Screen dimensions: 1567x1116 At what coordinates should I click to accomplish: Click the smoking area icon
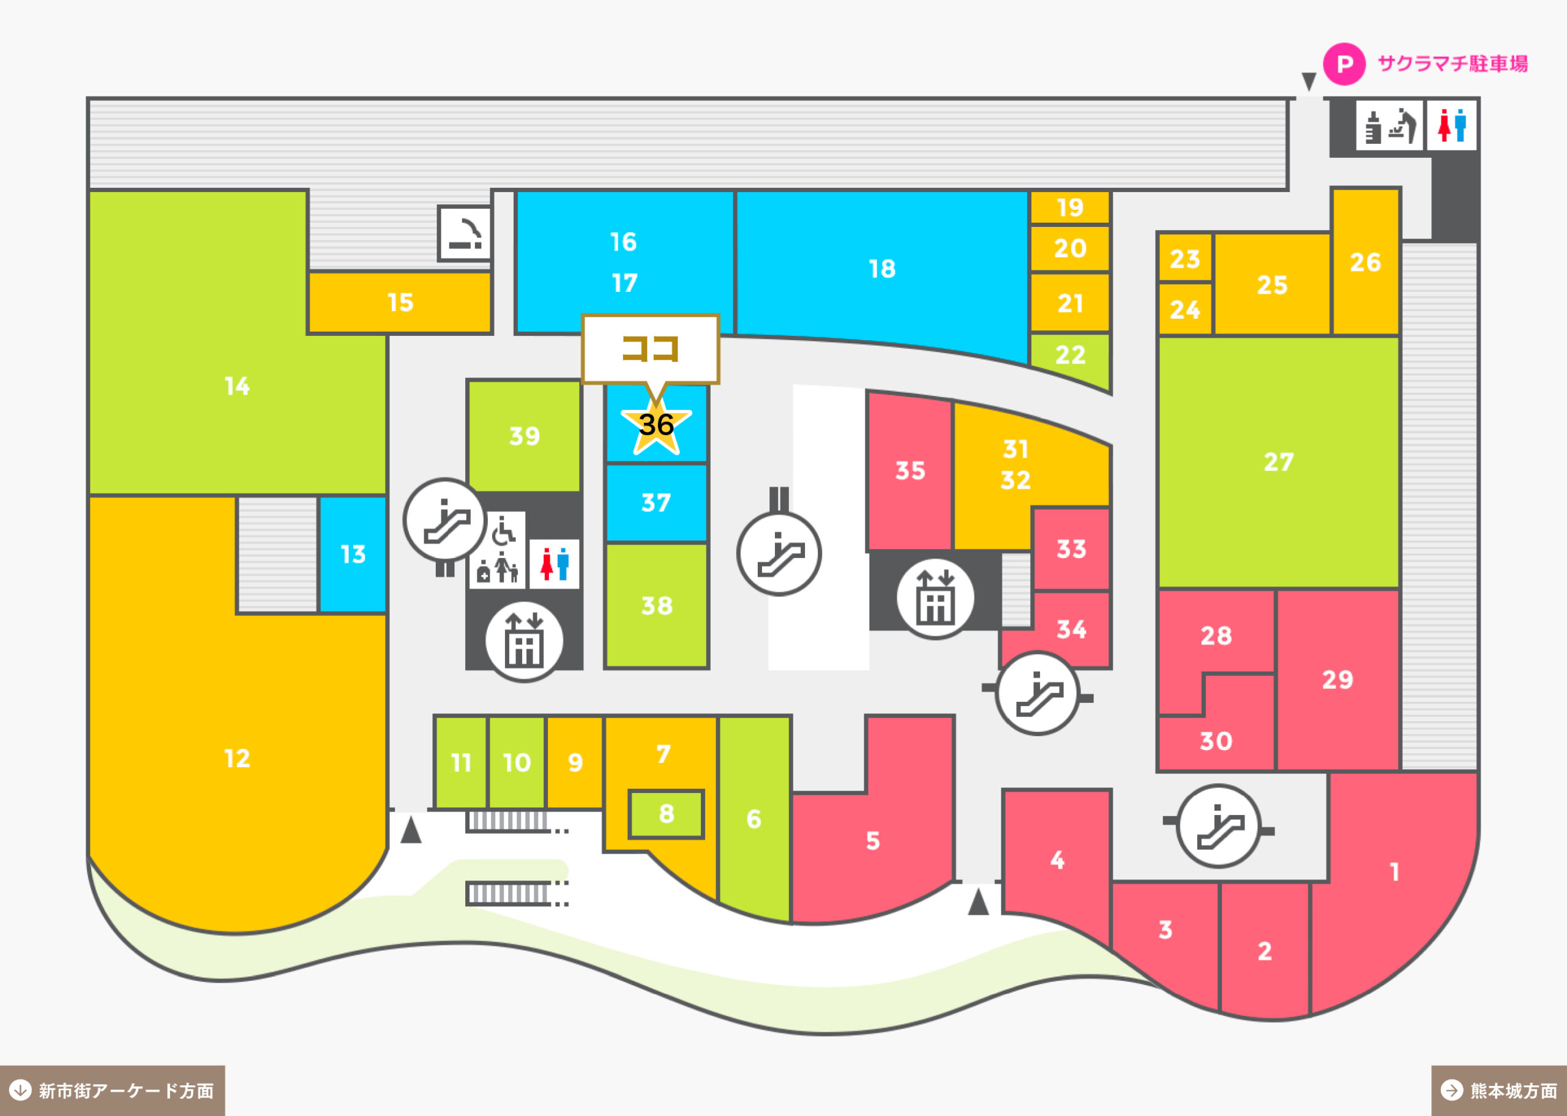[x=465, y=234]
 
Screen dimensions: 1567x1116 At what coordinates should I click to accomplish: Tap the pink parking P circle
[x=1344, y=64]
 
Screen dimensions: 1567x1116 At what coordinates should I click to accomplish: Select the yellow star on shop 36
[x=656, y=426]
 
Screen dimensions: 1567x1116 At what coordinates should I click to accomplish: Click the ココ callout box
[x=650, y=349]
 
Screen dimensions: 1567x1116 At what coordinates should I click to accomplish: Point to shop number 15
[x=400, y=302]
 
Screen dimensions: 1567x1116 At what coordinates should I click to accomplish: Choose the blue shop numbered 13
[x=353, y=554]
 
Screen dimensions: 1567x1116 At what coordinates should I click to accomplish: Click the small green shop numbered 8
[x=666, y=814]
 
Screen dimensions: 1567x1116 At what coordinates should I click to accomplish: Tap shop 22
[x=1070, y=357]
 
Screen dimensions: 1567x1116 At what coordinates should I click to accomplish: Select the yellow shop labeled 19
[x=1070, y=207]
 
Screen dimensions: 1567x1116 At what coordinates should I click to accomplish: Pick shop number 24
[x=1185, y=309]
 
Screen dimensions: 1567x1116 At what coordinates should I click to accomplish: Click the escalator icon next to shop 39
[x=446, y=519]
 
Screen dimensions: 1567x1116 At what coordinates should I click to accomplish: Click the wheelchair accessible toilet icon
[x=503, y=530]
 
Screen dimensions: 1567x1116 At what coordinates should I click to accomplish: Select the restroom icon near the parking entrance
[x=1451, y=125]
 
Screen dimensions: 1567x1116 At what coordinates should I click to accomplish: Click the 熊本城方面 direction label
[x=1499, y=1090]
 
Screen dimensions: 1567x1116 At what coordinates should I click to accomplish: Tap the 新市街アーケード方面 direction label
[x=113, y=1090]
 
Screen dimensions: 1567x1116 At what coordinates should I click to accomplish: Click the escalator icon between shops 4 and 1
[x=1219, y=825]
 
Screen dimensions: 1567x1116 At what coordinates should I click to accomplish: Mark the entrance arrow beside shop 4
[x=978, y=902]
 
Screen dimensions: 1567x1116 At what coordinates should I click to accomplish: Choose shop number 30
[x=1216, y=741]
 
